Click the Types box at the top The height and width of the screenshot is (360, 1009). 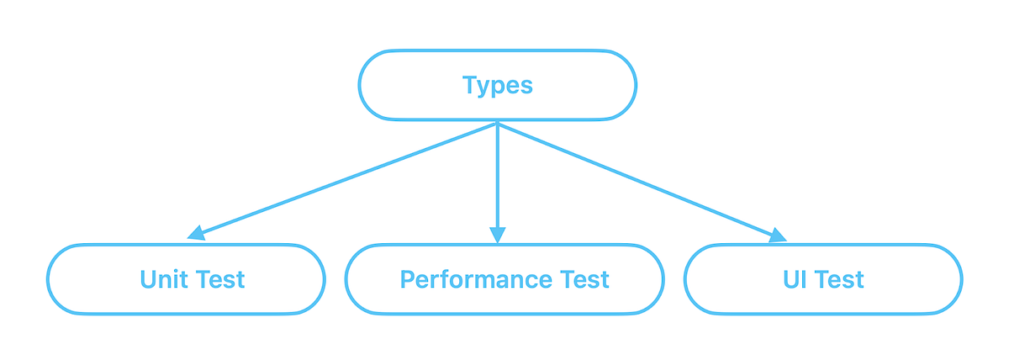[x=497, y=85]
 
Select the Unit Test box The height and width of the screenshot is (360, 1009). [x=186, y=279]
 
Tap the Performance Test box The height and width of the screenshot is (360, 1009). [x=504, y=279]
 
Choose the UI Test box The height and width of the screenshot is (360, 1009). [x=823, y=279]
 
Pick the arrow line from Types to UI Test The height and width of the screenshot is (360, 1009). [x=639, y=180]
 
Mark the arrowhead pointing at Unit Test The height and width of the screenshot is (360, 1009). [x=196, y=233]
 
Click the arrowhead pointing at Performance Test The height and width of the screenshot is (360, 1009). [x=498, y=236]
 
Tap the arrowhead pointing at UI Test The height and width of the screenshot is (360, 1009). [x=778, y=236]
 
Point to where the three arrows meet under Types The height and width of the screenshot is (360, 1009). [x=498, y=124]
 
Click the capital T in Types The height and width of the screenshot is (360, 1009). [x=469, y=85]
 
